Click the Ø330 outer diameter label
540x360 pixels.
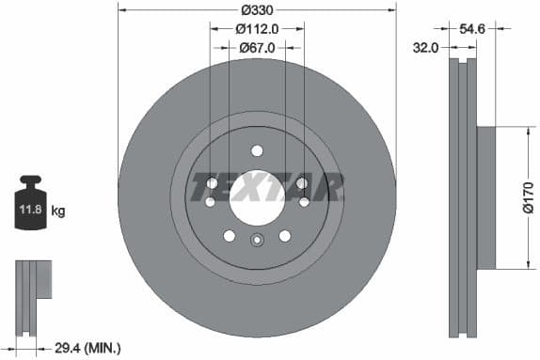click(x=257, y=10)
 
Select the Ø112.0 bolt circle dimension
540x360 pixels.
click(x=256, y=29)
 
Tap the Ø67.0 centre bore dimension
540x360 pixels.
click(x=256, y=47)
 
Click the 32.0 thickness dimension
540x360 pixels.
click(x=426, y=47)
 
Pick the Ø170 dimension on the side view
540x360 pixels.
click(x=529, y=198)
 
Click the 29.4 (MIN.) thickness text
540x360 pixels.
click(x=89, y=349)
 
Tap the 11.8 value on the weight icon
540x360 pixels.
click(x=28, y=211)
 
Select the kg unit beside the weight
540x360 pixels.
click(x=57, y=211)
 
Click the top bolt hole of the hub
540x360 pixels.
click(x=257, y=150)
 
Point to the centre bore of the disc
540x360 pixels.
click(x=257, y=196)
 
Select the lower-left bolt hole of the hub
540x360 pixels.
click(x=228, y=235)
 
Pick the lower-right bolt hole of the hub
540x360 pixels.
click(x=285, y=235)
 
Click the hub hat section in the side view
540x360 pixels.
click(x=485, y=197)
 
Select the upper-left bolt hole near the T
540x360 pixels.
click(x=211, y=183)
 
